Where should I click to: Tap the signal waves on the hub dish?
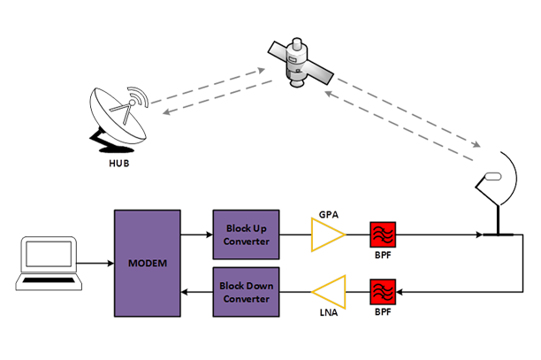(x=141, y=99)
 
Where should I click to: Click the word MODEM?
(x=147, y=263)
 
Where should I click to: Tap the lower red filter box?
(x=383, y=289)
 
